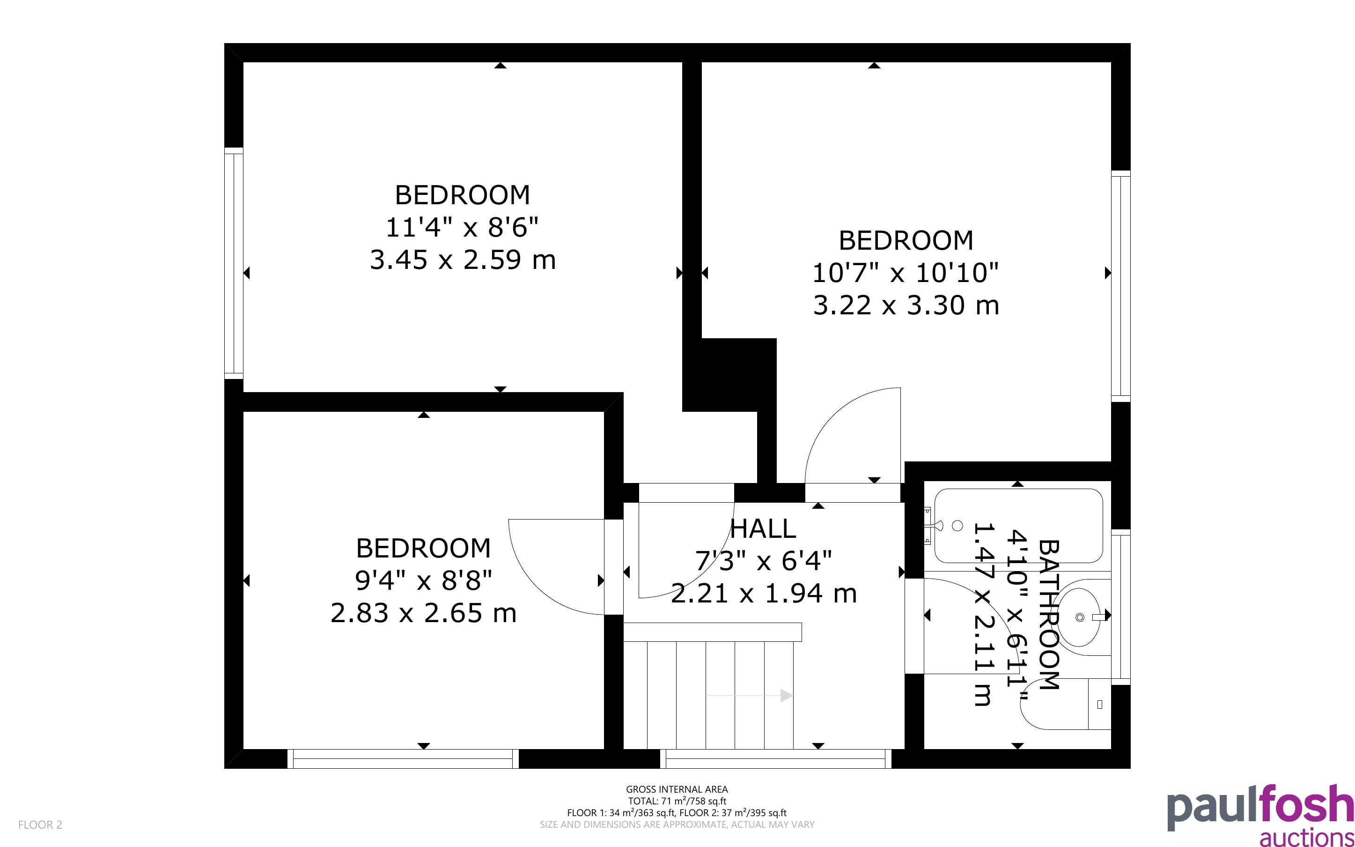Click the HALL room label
763,529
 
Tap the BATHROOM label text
1049,615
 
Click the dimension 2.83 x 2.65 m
424,613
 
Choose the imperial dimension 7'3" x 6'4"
763,560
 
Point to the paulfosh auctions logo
1260,815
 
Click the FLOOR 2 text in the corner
40,825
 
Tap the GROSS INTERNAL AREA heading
677,789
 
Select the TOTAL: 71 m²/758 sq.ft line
677,801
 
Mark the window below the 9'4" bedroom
403,758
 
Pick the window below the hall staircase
776,758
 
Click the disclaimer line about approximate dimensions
677,825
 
